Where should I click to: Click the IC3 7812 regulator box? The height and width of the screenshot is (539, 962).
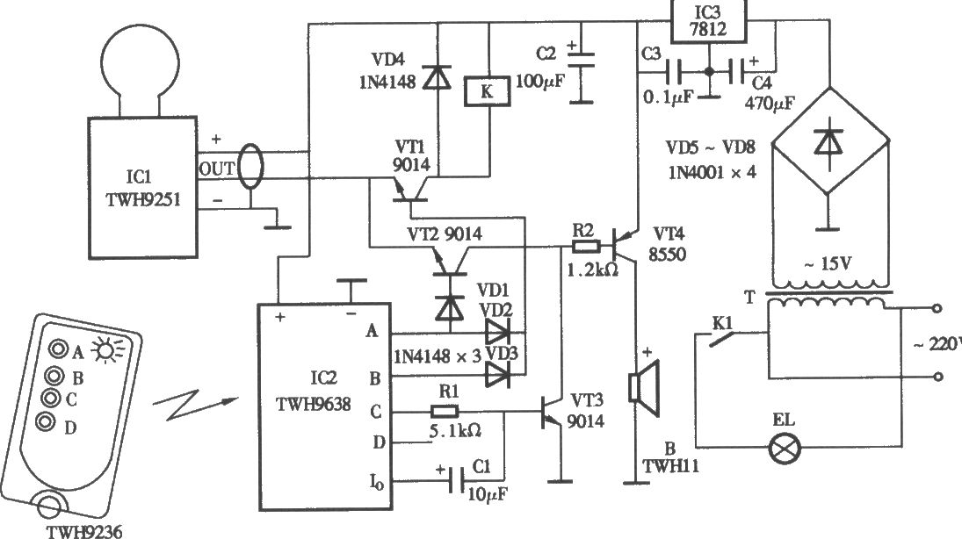click(708, 21)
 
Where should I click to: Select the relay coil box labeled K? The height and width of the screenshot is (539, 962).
click(487, 91)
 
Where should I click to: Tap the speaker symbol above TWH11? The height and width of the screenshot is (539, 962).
click(644, 387)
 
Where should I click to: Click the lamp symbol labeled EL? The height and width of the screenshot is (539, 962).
click(785, 447)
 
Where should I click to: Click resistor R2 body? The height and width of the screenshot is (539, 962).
click(585, 248)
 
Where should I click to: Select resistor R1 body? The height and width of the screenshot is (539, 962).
click(445, 412)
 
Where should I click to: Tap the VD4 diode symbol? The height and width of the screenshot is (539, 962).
click(438, 77)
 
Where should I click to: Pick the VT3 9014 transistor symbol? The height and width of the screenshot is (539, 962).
click(550, 412)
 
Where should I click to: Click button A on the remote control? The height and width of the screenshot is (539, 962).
click(59, 349)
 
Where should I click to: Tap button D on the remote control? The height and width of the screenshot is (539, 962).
click(45, 422)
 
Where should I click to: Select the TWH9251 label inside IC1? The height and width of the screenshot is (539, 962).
click(143, 200)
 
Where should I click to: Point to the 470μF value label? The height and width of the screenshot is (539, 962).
click(770, 104)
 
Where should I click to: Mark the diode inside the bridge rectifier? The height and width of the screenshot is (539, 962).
click(828, 142)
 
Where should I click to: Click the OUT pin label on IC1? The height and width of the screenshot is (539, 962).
click(217, 169)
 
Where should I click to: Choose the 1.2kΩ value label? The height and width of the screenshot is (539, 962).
click(593, 269)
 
